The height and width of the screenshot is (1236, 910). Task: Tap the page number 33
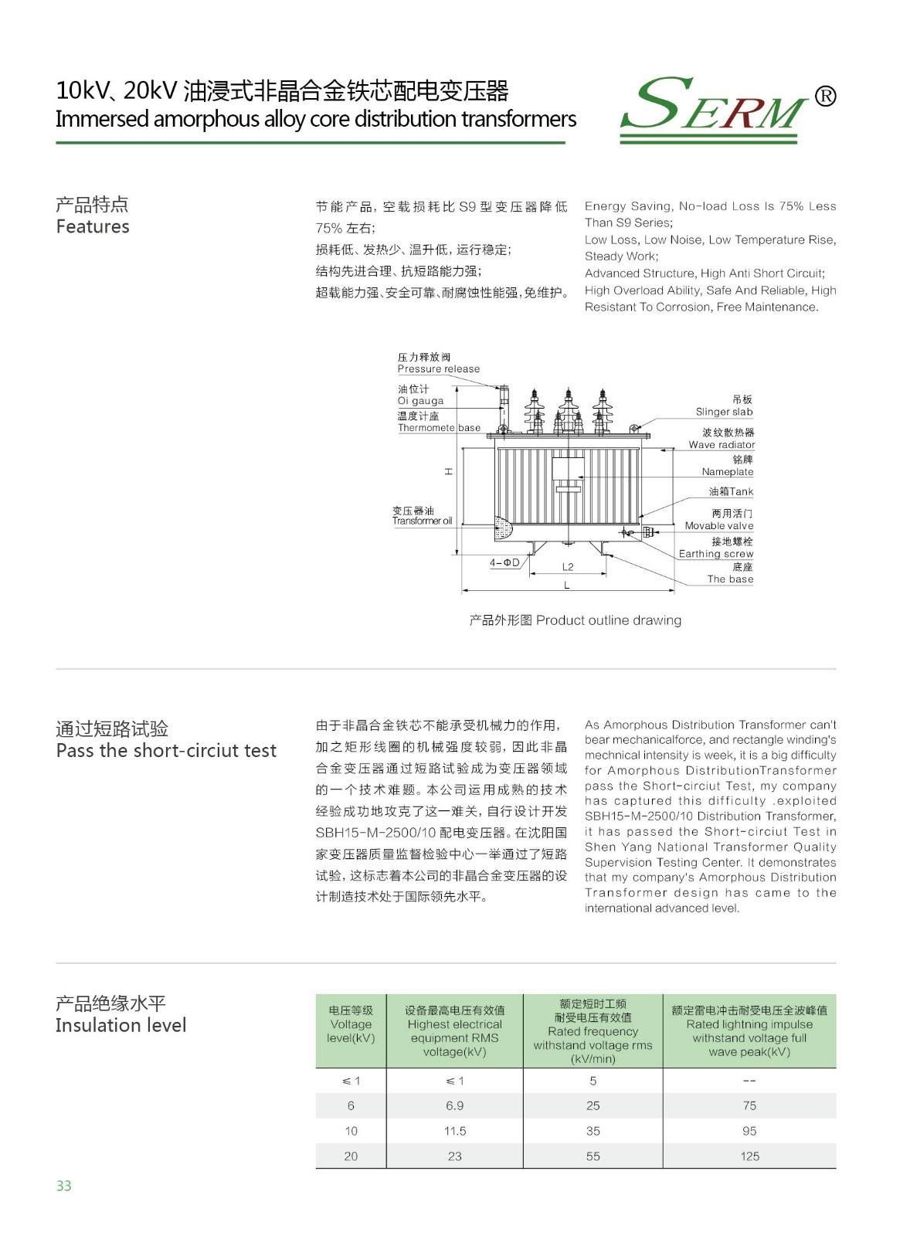coord(63,1186)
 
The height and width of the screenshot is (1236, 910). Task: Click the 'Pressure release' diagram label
coord(438,369)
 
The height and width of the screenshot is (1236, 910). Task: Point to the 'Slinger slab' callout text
coord(724,412)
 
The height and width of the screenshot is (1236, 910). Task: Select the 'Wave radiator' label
coord(722,445)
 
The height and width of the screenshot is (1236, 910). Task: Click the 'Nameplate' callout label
coord(727,472)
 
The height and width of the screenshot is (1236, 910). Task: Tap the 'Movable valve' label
coord(718,526)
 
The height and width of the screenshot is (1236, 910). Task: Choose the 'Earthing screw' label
coord(715,554)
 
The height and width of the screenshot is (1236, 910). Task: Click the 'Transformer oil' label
coord(422,521)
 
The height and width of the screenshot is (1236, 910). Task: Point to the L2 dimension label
coord(568,567)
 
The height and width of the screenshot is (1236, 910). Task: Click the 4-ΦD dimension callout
coord(504,563)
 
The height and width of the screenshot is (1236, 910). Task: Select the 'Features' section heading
coord(93,226)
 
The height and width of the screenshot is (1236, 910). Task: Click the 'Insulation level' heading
coord(121,1025)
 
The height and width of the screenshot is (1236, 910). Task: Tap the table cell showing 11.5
coord(454,1131)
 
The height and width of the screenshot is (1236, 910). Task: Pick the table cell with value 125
coord(749,1156)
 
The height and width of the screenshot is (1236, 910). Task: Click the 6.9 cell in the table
coord(454,1106)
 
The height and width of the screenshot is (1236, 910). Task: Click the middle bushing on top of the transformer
coord(569,409)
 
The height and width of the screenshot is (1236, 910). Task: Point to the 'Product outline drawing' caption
coord(576,620)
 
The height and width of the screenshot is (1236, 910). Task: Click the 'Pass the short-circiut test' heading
coord(166,751)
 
